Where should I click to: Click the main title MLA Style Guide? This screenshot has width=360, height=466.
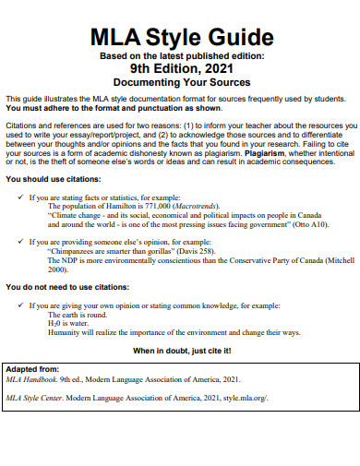pos(180,40)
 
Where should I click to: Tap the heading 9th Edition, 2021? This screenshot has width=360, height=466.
pos(180,67)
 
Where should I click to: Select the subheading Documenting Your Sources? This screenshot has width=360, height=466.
pos(180,81)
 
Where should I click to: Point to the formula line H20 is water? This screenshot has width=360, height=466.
pos(70,324)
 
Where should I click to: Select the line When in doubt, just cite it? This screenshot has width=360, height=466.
pos(179,352)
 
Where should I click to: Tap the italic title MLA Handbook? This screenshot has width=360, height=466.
pos(32,379)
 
